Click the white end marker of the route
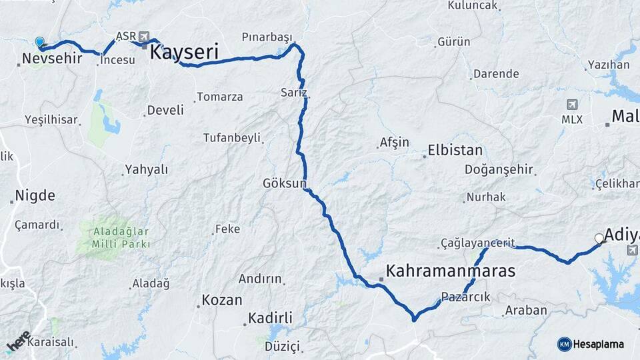pyautogui.click(x=599, y=238)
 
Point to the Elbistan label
pyautogui.click(x=455, y=150)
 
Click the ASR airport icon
pyautogui.click(x=145, y=37)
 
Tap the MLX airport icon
pyautogui.click(x=572, y=105)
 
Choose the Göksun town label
pyautogui.click(x=285, y=183)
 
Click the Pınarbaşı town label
pyautogui.click(x=267, y=37)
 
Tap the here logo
pyautogui.click(x=18, y=341)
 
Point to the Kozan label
pyautogui.click(x=222, y=300)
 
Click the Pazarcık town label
pyautogui.click(x=465, y=297)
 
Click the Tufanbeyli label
pyautogui.click(x=233, y=138)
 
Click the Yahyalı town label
pyautogui.click(x=147, y=169)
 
